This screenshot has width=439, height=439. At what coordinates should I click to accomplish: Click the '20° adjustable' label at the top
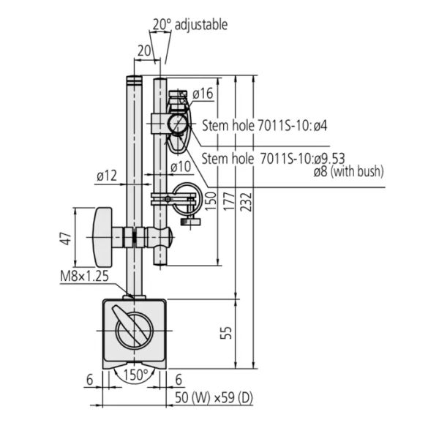tap(190, 25)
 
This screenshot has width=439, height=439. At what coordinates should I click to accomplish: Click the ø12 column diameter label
tap(107, 176)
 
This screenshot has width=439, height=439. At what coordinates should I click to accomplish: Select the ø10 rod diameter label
tap(181, 168)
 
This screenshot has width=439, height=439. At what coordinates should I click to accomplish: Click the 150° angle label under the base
tap(135, 374)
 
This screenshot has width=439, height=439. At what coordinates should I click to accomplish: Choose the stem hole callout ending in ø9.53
tap(273, 158)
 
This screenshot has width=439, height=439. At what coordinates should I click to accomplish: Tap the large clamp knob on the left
tap(102, 237)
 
